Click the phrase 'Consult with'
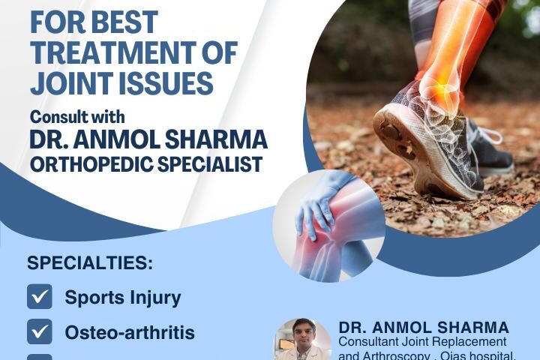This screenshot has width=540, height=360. (77, 117)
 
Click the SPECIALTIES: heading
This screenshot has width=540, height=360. (89, 263)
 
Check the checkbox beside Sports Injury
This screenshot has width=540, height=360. (40, 297)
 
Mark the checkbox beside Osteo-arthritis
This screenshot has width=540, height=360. (40, 331)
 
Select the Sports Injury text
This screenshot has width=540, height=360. (123, 298)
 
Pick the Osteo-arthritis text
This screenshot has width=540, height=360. (130, 332)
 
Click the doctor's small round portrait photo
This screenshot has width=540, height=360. (302, 341)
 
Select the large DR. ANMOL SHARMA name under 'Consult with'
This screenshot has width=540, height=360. (148, 140)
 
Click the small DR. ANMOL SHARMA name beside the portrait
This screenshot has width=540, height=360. (424, 328)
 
